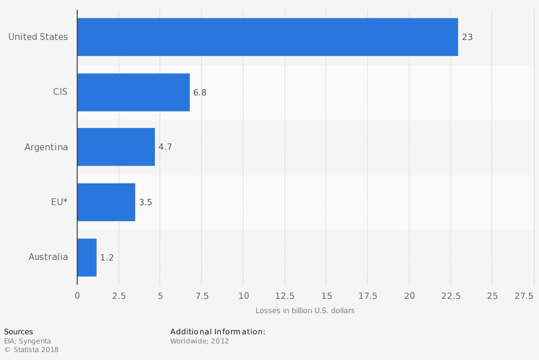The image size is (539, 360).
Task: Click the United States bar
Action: (x=267, y=37)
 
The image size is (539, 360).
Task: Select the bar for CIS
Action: (x=133, y=92)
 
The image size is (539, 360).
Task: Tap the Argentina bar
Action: (x=116, y=147)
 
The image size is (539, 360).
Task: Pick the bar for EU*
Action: (x=106, y=202)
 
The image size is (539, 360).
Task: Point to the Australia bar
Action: (x=87, y=257)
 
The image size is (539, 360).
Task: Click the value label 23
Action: (x=467, y=37)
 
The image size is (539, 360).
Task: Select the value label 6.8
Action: (x=199, y=92)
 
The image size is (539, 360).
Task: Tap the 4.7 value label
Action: (x=165, y=147)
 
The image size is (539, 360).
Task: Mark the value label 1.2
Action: (x=107, y=258)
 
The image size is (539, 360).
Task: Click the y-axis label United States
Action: (x=38, y=37)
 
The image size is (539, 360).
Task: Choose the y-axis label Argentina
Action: (x=46, y=147)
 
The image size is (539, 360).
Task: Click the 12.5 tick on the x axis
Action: (x=285, y=295)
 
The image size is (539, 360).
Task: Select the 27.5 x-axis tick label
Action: (x=524, y=295)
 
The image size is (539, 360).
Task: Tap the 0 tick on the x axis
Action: (x=77, y=295)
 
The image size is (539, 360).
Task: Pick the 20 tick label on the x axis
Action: (x=409, y=295)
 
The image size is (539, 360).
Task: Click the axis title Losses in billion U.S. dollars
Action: (x=305, y=311)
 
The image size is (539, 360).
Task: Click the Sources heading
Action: (x=18, y=332)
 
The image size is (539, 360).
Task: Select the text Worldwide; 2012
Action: (x=199, y=341)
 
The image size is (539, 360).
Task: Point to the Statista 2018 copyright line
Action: (x=31, y=350)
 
